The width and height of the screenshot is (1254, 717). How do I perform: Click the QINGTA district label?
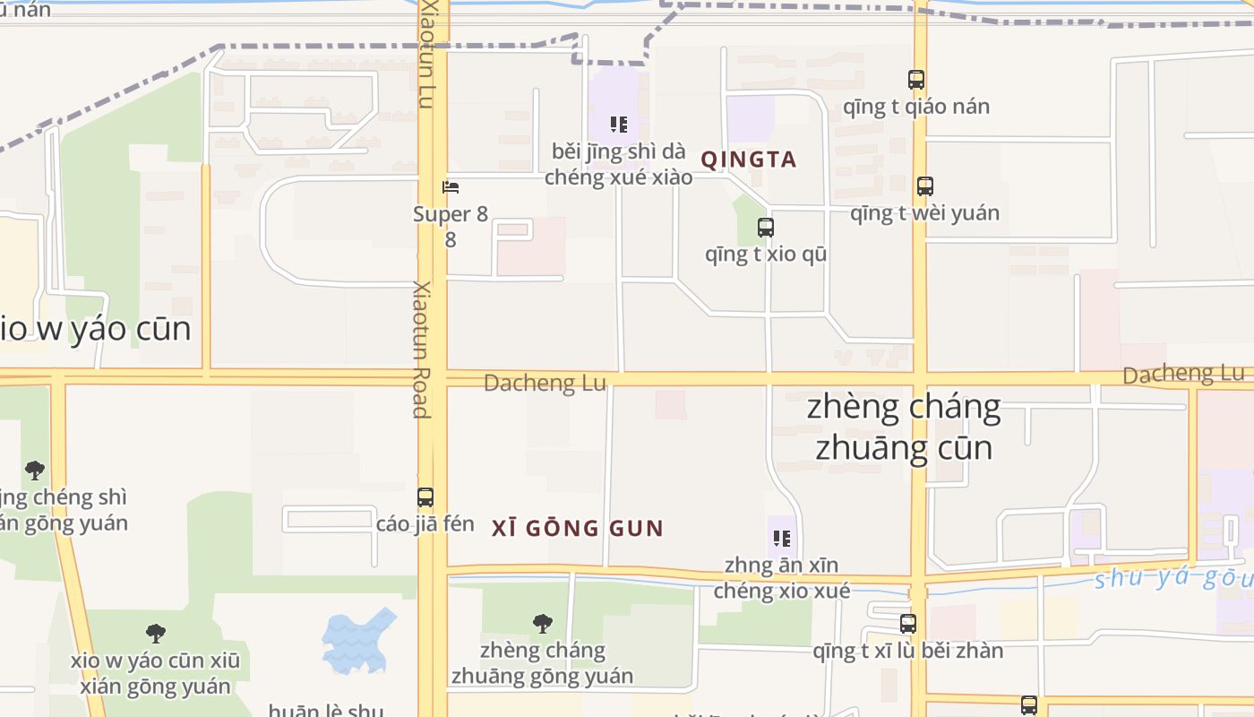(748, 160)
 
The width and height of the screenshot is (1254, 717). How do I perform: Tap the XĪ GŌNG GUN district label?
(578, 528)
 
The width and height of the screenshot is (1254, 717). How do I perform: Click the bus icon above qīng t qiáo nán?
(915, 80)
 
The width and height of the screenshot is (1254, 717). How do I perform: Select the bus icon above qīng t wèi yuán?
(924, 186)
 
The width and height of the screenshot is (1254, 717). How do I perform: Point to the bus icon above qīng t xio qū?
(765, 228)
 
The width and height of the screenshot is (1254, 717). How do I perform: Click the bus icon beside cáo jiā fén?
(425, 497)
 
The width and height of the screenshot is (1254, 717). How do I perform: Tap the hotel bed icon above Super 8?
(451, 187)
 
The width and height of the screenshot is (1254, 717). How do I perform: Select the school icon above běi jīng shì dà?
(618, 124)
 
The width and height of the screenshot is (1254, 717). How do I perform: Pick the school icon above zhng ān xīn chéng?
(782, 539)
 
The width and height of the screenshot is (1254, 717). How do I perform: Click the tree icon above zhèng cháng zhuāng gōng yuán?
(542, 624)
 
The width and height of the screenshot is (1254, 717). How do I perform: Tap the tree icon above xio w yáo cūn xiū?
(156, 634)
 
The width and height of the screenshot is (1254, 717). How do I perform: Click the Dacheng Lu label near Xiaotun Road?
(545, 384)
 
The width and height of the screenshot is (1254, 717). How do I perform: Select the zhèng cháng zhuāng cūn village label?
(904, 427)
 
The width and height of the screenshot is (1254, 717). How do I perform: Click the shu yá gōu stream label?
(1172, 578)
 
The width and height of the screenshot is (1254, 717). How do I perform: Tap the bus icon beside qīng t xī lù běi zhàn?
(908, 624)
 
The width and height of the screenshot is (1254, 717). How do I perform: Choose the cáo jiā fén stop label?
(425, 523)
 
